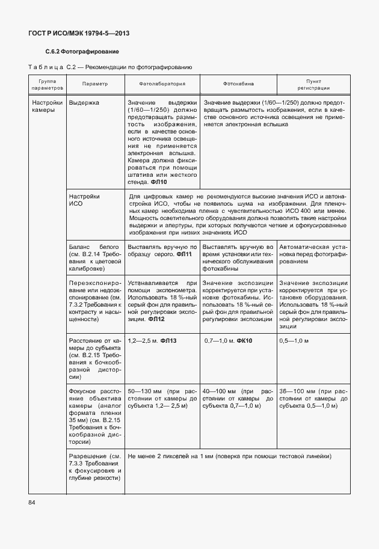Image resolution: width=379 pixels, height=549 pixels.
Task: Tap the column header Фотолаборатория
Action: pos(161,84)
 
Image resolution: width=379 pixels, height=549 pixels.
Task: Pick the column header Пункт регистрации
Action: pos(313,84)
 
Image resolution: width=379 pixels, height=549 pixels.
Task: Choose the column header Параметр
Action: pos(94,84)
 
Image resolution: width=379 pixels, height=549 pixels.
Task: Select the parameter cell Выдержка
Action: pos(84,103)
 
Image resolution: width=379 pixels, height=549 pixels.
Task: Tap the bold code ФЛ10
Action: pos(159,182)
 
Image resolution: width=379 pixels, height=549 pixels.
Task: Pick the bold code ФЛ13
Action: pos(167,341)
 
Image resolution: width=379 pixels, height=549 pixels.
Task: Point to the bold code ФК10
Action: pos(244,341)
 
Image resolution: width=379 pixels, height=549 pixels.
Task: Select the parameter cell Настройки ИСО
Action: pos(84,200)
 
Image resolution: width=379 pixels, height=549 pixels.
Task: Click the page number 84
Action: pos(31,502)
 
